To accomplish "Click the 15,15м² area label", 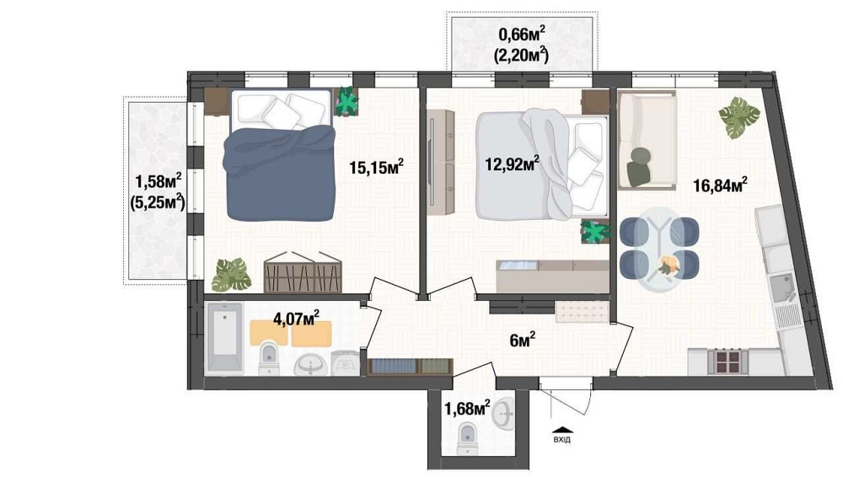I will point(376,167).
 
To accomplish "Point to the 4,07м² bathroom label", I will point(295,319).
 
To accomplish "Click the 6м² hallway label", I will point(523,340).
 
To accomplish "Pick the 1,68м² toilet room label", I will point(467,409).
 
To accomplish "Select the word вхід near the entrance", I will point(561,438).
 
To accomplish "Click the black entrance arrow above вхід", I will point(561,426).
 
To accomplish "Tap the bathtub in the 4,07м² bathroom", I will point(225,340).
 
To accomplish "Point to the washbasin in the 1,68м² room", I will point(504,412).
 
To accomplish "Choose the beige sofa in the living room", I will point(647,140).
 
